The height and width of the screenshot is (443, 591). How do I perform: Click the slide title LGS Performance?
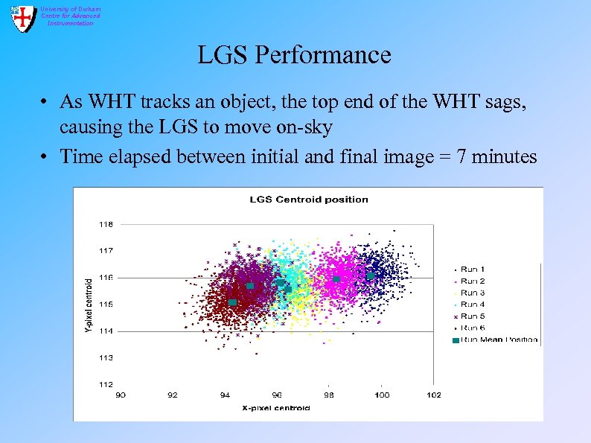pyautogui.click(x=294, y=55)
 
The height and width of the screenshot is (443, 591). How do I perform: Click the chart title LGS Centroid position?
pyautogui.click(x=308, y=199)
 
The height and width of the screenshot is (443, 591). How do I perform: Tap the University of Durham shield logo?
pyautogui.click(x=23, y=18)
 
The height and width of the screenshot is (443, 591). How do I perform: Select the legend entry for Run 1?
pyautogui.click(x=472, y=269)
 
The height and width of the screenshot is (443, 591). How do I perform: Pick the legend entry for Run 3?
pyautogui.click(x=472, y=293)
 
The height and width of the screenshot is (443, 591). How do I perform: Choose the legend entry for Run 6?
pyautogui.click(x=472, y=328)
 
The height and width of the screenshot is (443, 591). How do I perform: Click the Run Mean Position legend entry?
pyautogui.click(x=497, y=340)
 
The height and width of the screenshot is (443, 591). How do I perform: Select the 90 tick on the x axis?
pyautogui.click(x=121, y=395)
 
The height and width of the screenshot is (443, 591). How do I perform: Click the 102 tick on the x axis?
pyautogui.click(x=433, y=395)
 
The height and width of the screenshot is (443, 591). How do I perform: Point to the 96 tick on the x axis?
pyautogui.click(x=277, y=395)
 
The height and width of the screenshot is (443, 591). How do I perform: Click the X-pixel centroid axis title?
pyautogui.click(x=276, y=408)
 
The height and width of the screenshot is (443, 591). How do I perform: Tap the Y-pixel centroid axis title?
pyautogui.click(x=89, y=305)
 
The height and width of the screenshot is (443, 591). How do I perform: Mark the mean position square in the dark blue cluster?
pyautogui.click(x=371, y=276)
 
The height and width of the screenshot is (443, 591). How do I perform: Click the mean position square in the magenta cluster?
pyautogui.click(x=336, y=279)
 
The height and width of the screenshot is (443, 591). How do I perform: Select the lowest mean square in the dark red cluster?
pyautogui.click(x=232, y=302)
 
